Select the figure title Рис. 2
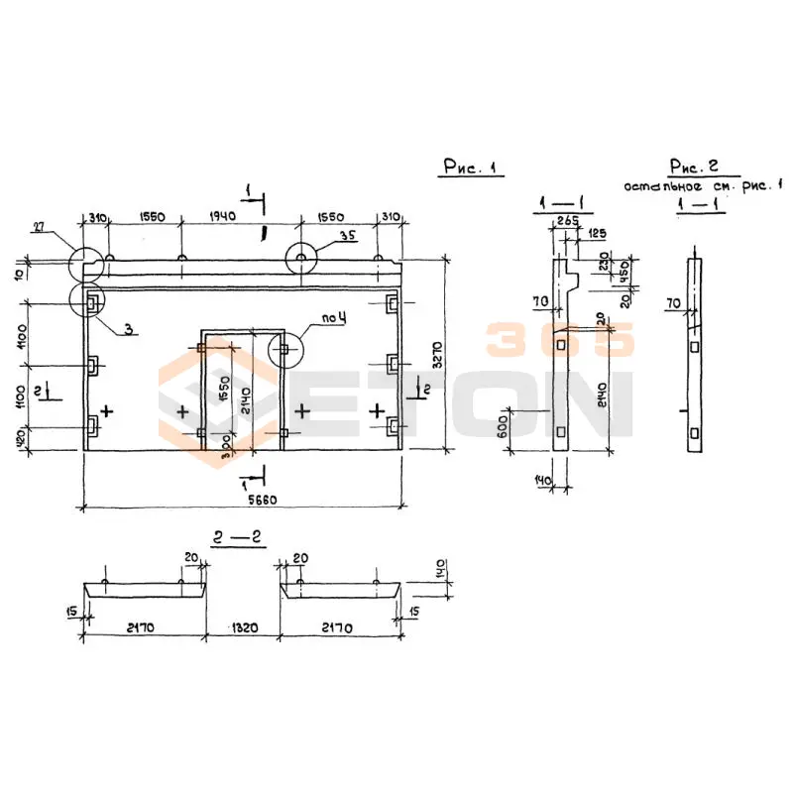[694, 166]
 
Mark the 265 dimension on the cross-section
[568, 220]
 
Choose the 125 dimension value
[598, 234]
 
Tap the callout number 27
[39, 227]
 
